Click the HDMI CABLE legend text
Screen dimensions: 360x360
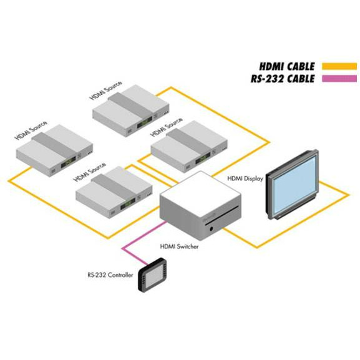click(x=287, y=67)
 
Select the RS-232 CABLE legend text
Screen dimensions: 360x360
click(x=283, y=79)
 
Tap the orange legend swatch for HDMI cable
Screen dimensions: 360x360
click(x=339, y=66)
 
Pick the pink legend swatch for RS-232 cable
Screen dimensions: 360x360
click(x=339, y=79)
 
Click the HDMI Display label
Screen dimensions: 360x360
click(x=245, y=178)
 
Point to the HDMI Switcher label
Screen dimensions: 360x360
click(x=179, y=246)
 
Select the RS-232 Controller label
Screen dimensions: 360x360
click(x=110, y=275)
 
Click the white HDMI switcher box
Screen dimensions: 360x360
click(x=200, y=205)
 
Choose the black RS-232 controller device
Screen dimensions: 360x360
click(x=152, y=275)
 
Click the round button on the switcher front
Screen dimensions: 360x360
click(x=212, y=229)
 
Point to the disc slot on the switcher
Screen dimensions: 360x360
click(x=222, y=216)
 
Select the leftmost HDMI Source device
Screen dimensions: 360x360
click(x=54, y=150)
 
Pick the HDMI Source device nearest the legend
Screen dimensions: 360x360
click(x=131, y=110)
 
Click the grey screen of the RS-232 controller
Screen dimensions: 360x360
click(x=153, y=275)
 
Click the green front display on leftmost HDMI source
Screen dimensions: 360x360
click(x=68, y=162)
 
